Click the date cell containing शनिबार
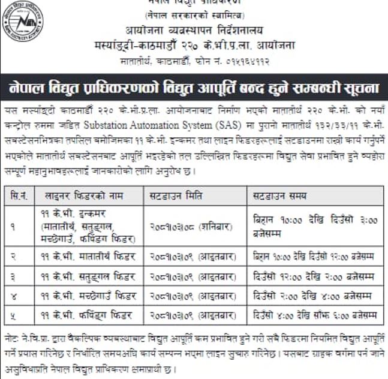[x=181, y=225]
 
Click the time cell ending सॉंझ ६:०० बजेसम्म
[x=315, y=315]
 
